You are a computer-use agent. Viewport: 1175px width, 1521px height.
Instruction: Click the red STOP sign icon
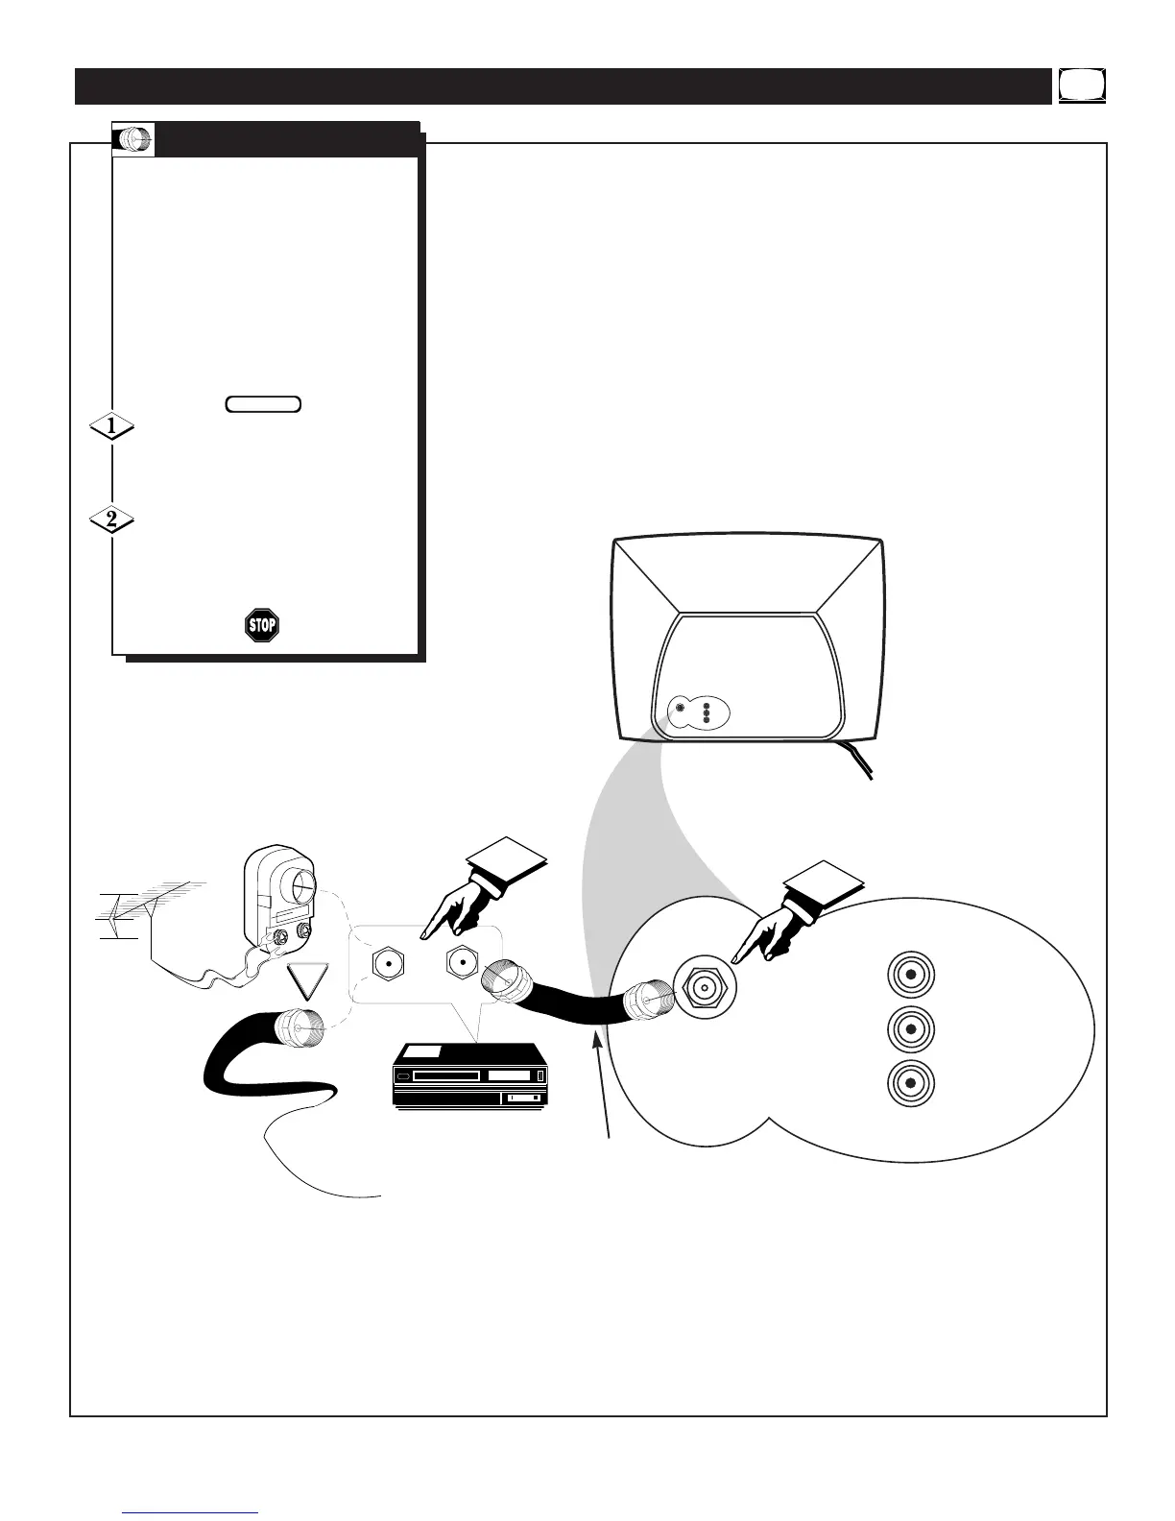pos(261,626)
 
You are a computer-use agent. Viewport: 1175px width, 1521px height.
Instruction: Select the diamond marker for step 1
pos(111,425)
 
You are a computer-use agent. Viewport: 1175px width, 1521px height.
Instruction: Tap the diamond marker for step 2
pos(111,520)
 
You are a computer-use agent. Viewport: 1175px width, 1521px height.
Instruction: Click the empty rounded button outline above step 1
pos(264,404)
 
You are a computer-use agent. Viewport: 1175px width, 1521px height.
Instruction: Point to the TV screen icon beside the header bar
pos(1083,85)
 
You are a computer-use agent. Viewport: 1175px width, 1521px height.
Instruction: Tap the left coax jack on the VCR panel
pos(388,961)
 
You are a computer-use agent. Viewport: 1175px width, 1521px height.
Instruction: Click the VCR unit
pos(471,1076)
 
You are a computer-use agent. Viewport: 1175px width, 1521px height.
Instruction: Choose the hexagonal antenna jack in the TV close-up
pos(705,985)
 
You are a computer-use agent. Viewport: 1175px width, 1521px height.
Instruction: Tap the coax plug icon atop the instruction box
pos(132,140)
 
